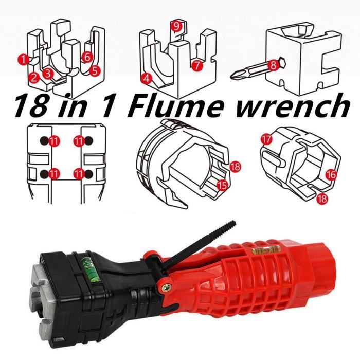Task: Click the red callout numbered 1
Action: [x=23, y=59]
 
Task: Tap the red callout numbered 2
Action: [x=34, y=78]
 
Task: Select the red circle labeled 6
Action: [x=87, y=57]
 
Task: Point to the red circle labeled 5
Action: [x=95, y=71]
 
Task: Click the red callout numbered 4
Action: [x=147, y=79]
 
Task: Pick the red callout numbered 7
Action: [x=197, y=65]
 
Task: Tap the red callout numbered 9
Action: [x=176, y=26]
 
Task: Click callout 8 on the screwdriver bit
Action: [x=273, y=65]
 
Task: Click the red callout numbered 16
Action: [x=331, y=175]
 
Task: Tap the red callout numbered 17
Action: [x=266, y=139]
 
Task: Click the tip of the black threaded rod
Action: [x=233, y=222]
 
